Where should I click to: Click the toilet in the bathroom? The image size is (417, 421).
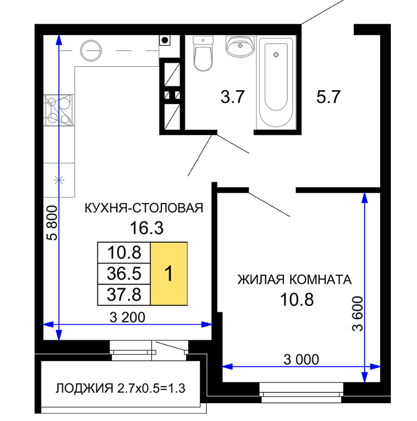pos(203,53)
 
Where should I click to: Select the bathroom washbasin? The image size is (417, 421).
pos(240,46)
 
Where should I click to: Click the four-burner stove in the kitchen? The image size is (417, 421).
pos(59,111)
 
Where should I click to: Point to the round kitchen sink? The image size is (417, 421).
pos(91,50)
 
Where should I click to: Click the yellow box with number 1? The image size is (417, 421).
pos(169,273)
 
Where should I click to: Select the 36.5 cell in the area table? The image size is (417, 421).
pos(124,273)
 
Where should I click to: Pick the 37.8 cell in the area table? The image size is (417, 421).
pos(124,295)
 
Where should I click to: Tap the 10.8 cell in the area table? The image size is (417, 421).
pos(124,253)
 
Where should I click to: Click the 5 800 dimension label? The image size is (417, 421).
pos(52,223)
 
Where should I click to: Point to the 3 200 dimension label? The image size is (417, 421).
pos(127,317)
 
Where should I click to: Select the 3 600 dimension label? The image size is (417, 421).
pos(358,313)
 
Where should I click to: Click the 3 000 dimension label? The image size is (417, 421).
pos(301,359)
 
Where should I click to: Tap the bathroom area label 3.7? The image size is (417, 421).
pos(232,97)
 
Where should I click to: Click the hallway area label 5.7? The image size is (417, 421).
pos(328,97)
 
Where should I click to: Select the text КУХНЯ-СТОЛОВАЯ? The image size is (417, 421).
pos(144,208)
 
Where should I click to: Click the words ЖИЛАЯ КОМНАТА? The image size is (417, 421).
pos(295,279)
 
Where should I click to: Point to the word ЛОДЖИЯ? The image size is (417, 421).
pos(84,388)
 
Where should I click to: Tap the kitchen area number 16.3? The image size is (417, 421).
pos(147,228)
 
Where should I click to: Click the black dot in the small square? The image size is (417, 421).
pos(165,40)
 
